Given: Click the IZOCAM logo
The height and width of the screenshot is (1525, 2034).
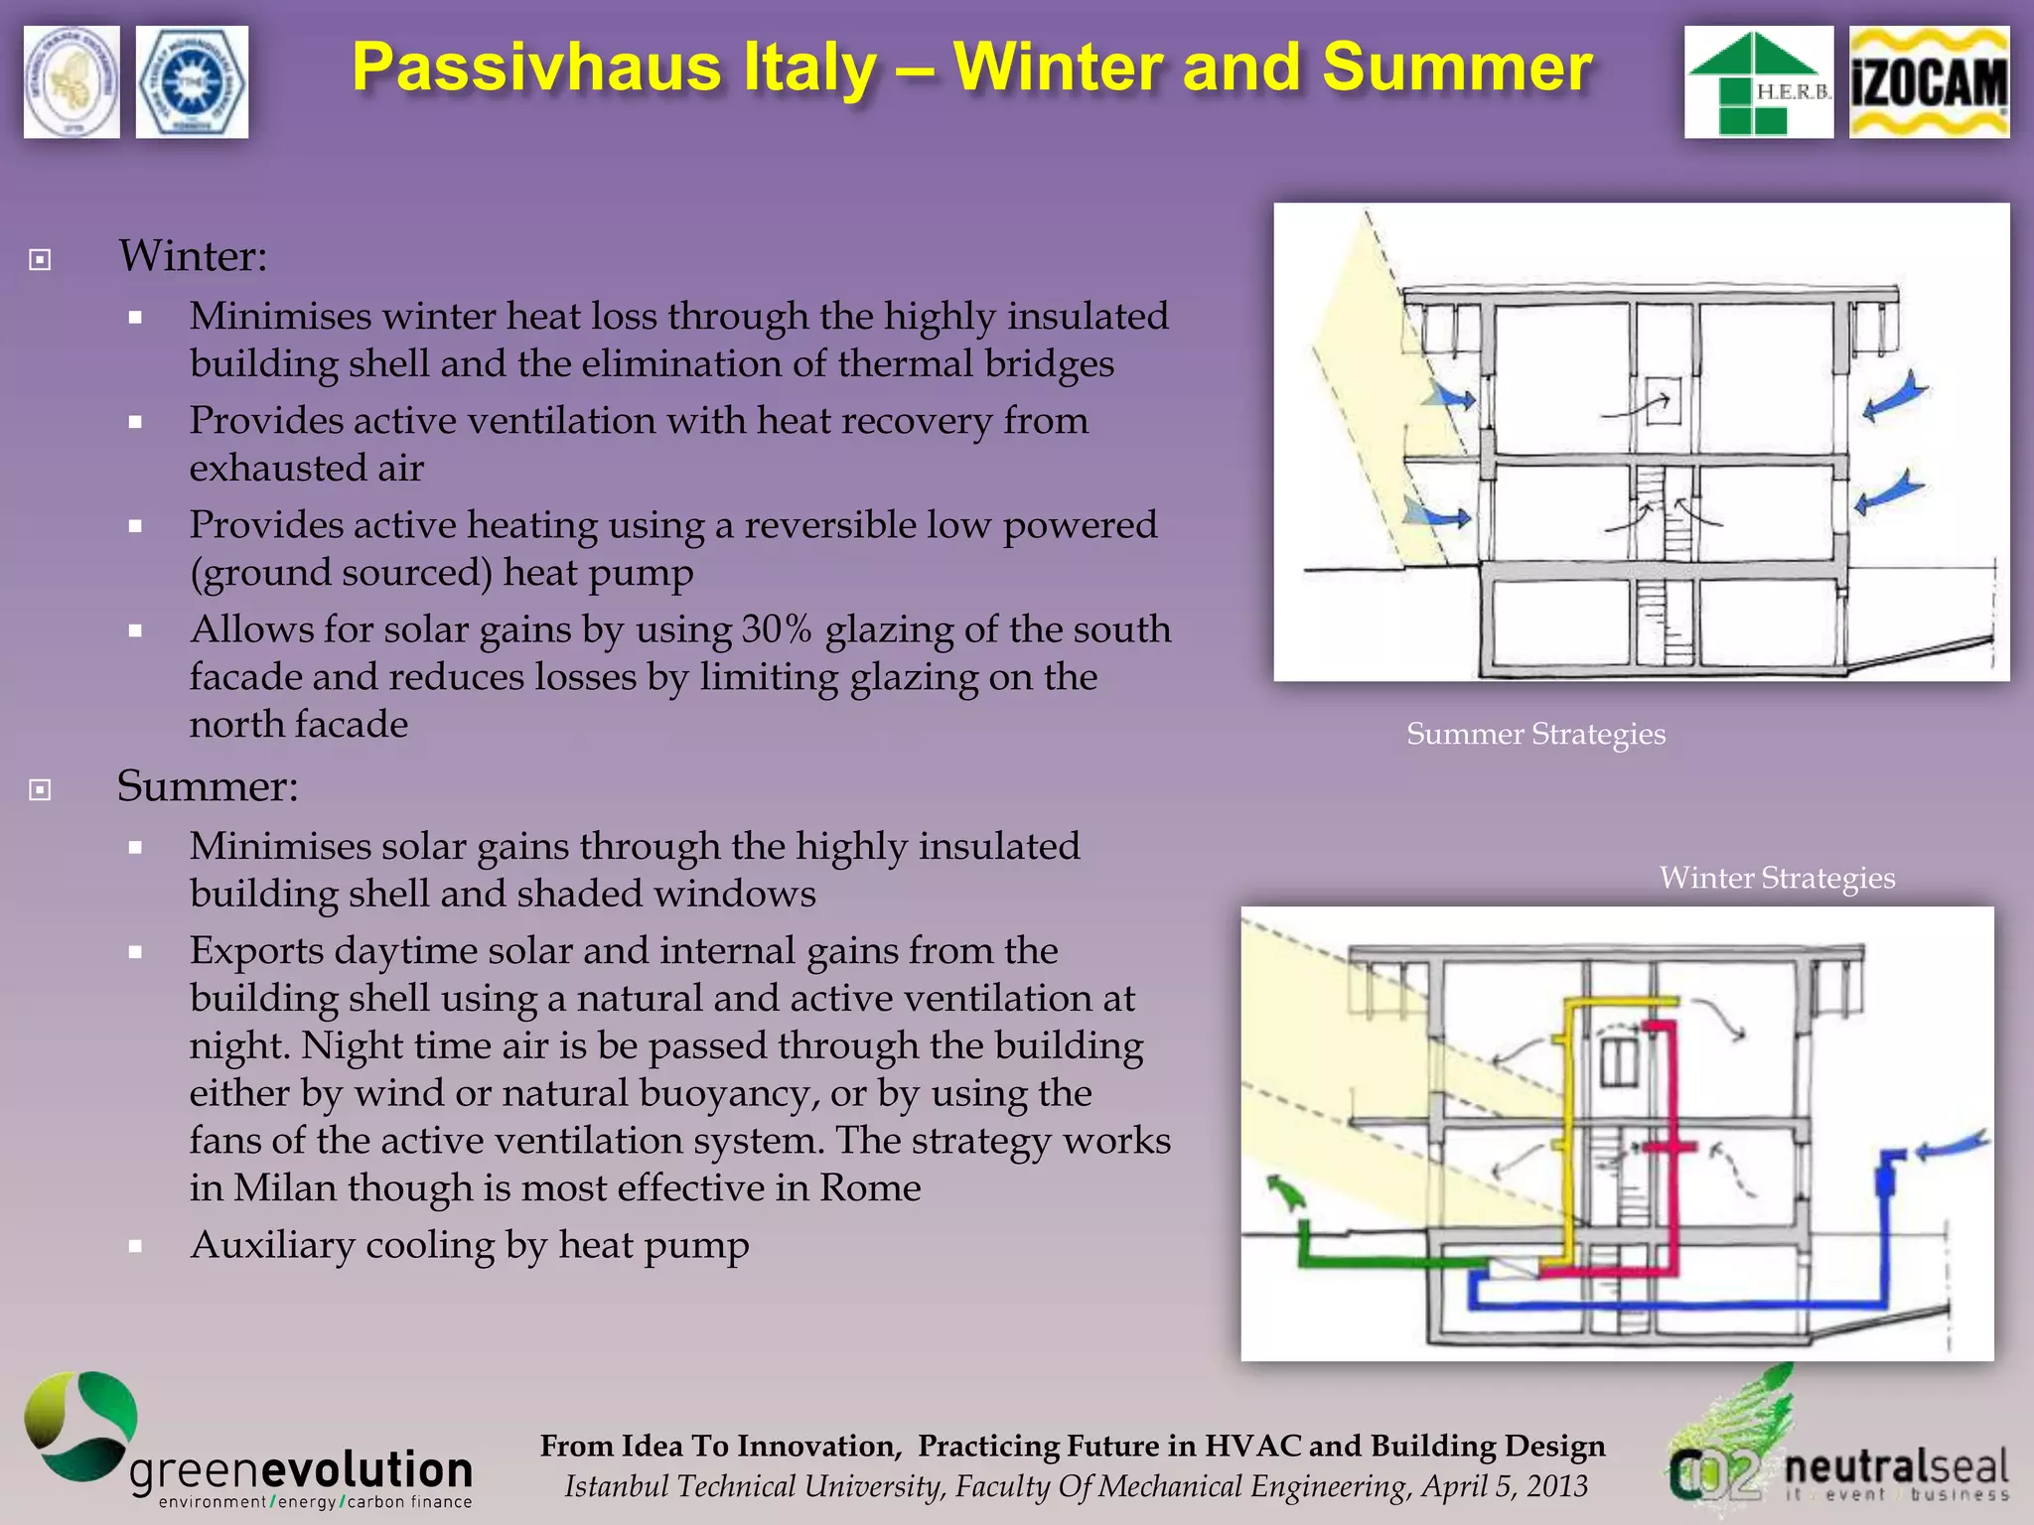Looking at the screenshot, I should (x=1929, y=82).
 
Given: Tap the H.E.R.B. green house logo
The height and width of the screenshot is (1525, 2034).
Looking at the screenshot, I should (x=1758, y=82).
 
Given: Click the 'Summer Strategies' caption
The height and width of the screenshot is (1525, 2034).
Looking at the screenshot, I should (x=1535, y=735).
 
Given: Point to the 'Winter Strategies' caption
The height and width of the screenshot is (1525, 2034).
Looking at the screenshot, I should (x=1777, y=879).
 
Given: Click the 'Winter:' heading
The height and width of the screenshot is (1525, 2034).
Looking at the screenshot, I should (x=194, y=256).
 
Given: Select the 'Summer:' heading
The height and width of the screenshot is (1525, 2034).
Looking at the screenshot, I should (x=208, y=786).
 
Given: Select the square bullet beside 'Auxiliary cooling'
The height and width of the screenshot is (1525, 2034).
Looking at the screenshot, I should (x=136, y=1247).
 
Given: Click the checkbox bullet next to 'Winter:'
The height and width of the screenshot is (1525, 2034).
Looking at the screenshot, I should (x=40, y=260).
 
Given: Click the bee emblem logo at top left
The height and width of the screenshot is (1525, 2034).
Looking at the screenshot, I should (x=72, y=82).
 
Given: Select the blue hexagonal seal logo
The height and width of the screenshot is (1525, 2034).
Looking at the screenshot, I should (x=192, y=82).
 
